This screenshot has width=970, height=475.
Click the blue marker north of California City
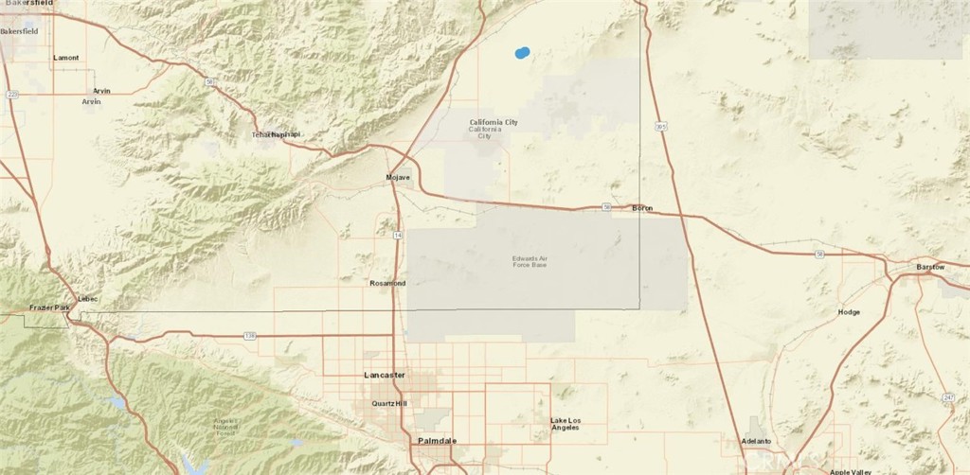coord(522,53)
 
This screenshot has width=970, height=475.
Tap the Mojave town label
coord(398,178)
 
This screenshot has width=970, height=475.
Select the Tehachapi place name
coord(276,135)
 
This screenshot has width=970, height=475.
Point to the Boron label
coord(642,208)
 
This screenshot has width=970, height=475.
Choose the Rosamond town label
coord(387,283)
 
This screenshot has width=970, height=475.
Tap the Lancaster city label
coord(385,376)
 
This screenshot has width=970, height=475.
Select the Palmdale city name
coord(439,441)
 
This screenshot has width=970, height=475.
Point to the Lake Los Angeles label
coord(565,423)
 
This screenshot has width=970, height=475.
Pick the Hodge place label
coord(850,312)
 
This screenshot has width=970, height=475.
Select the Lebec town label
coord(88,299)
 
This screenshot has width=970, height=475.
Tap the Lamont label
coord(66,58)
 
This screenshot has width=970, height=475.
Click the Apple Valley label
coord(848,471)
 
